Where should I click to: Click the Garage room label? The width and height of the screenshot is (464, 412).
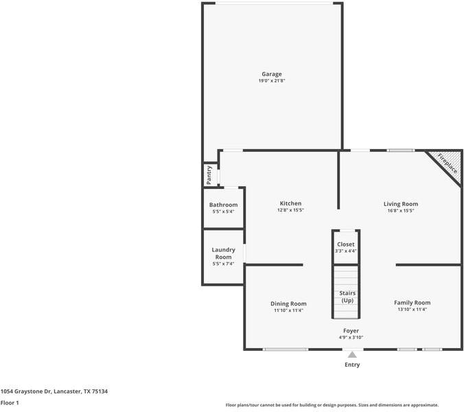tap(271, 74)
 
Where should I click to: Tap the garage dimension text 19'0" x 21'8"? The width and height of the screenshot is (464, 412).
tap(271, 81)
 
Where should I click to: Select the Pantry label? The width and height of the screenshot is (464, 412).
tap(209, 174)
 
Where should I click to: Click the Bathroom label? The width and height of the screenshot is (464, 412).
tap(223, 205)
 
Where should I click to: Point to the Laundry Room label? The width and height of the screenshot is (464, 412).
tap(223, 253)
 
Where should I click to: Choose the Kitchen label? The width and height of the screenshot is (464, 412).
tap(290, 203)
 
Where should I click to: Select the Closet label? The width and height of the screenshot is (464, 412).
tap(346, 244)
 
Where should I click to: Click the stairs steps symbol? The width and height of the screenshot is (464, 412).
tap(347, 277)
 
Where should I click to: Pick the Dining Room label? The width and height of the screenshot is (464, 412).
tap(288, 304)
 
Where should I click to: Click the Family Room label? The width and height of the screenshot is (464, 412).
tap(412, 303)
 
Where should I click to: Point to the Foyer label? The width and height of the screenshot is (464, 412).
tap(351, 331)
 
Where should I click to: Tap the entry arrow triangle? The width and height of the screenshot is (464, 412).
tap(352, 354)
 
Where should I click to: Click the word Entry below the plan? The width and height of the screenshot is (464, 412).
tap(352, 365)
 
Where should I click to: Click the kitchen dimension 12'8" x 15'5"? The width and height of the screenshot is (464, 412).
tap(290, 210)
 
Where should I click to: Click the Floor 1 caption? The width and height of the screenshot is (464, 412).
tap(10, 403)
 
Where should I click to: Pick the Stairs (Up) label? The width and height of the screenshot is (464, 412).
tap(347, 297)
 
